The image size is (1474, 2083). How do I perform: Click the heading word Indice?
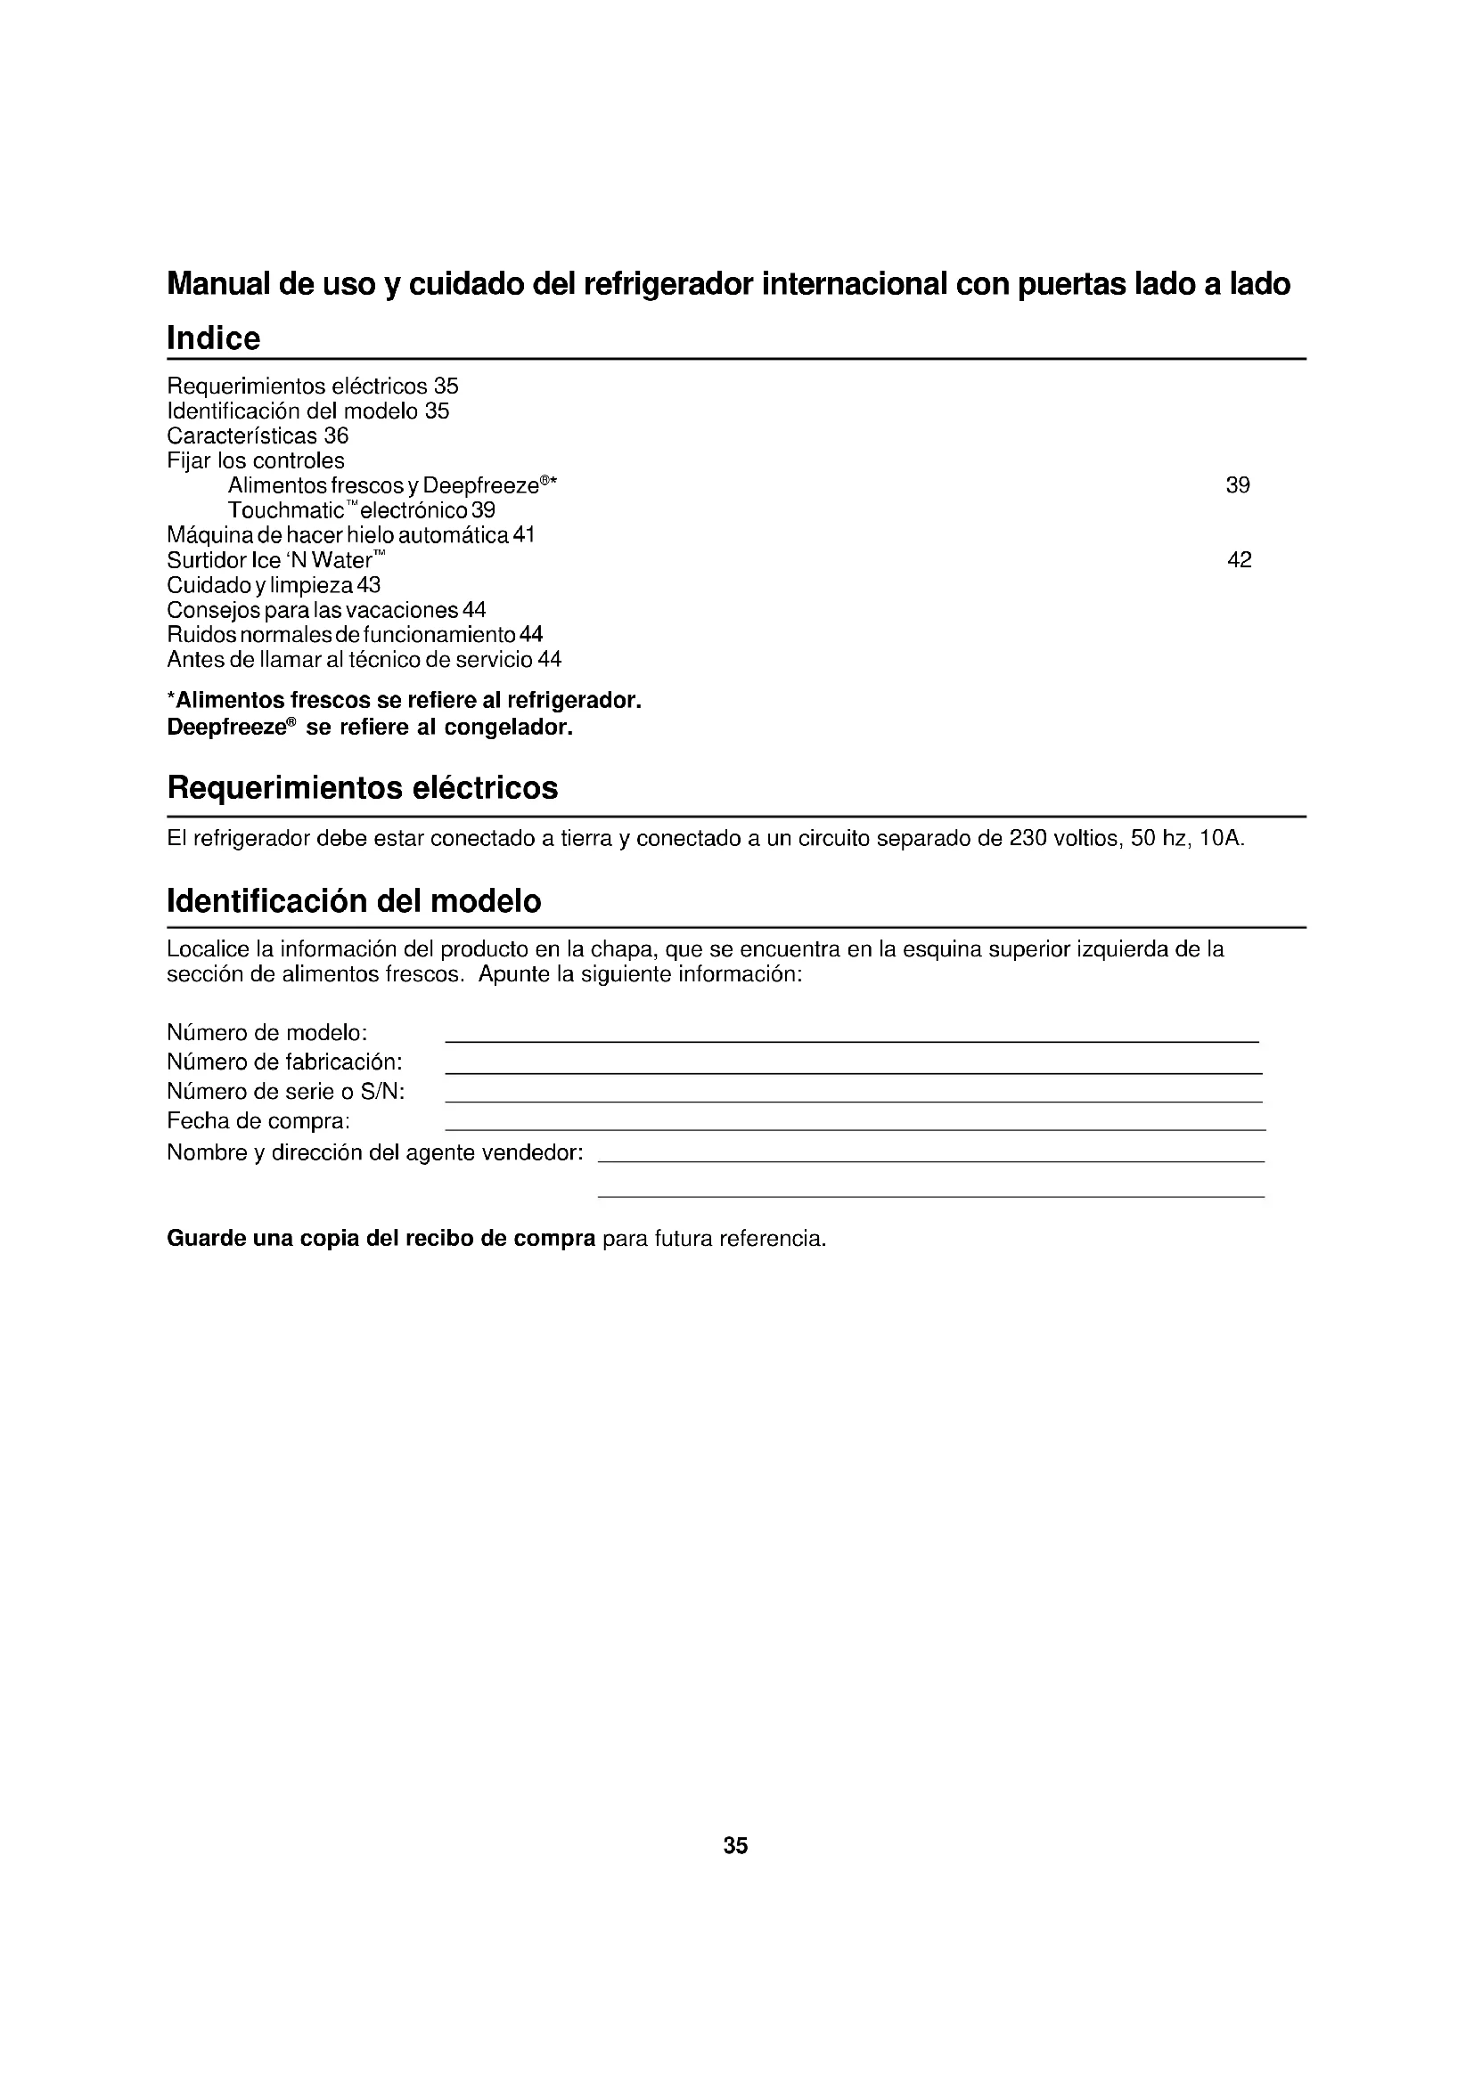point(213,338)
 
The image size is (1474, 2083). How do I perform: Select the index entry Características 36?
point(258,436)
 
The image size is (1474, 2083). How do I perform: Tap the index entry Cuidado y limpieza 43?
point(274,585)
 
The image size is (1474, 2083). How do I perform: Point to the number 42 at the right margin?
point(1239,561)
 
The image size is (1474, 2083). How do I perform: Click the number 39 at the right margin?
point(1237,486)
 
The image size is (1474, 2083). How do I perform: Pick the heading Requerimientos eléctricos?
point(362,788)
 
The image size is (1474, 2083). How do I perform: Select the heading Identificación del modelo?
point(354,901)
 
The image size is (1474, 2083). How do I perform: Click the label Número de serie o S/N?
point(286,1092)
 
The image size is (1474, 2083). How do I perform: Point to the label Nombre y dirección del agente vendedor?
point(375,1153)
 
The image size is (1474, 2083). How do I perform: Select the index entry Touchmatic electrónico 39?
point(361,511)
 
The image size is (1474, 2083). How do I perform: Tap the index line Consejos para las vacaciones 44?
point(327,610)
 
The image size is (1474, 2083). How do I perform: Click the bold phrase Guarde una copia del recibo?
point(381,1240)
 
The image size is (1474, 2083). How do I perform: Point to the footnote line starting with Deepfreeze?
point(370,728)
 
